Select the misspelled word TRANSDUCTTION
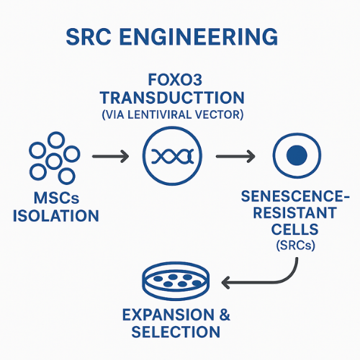coord(179,98)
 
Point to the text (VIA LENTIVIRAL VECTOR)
coord(179,113)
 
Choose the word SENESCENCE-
coord(297,197)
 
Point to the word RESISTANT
coord(297,214)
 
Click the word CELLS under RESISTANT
coord(297,230)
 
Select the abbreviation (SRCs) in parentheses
coord(297,246)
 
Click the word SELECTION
coord(176,333)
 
